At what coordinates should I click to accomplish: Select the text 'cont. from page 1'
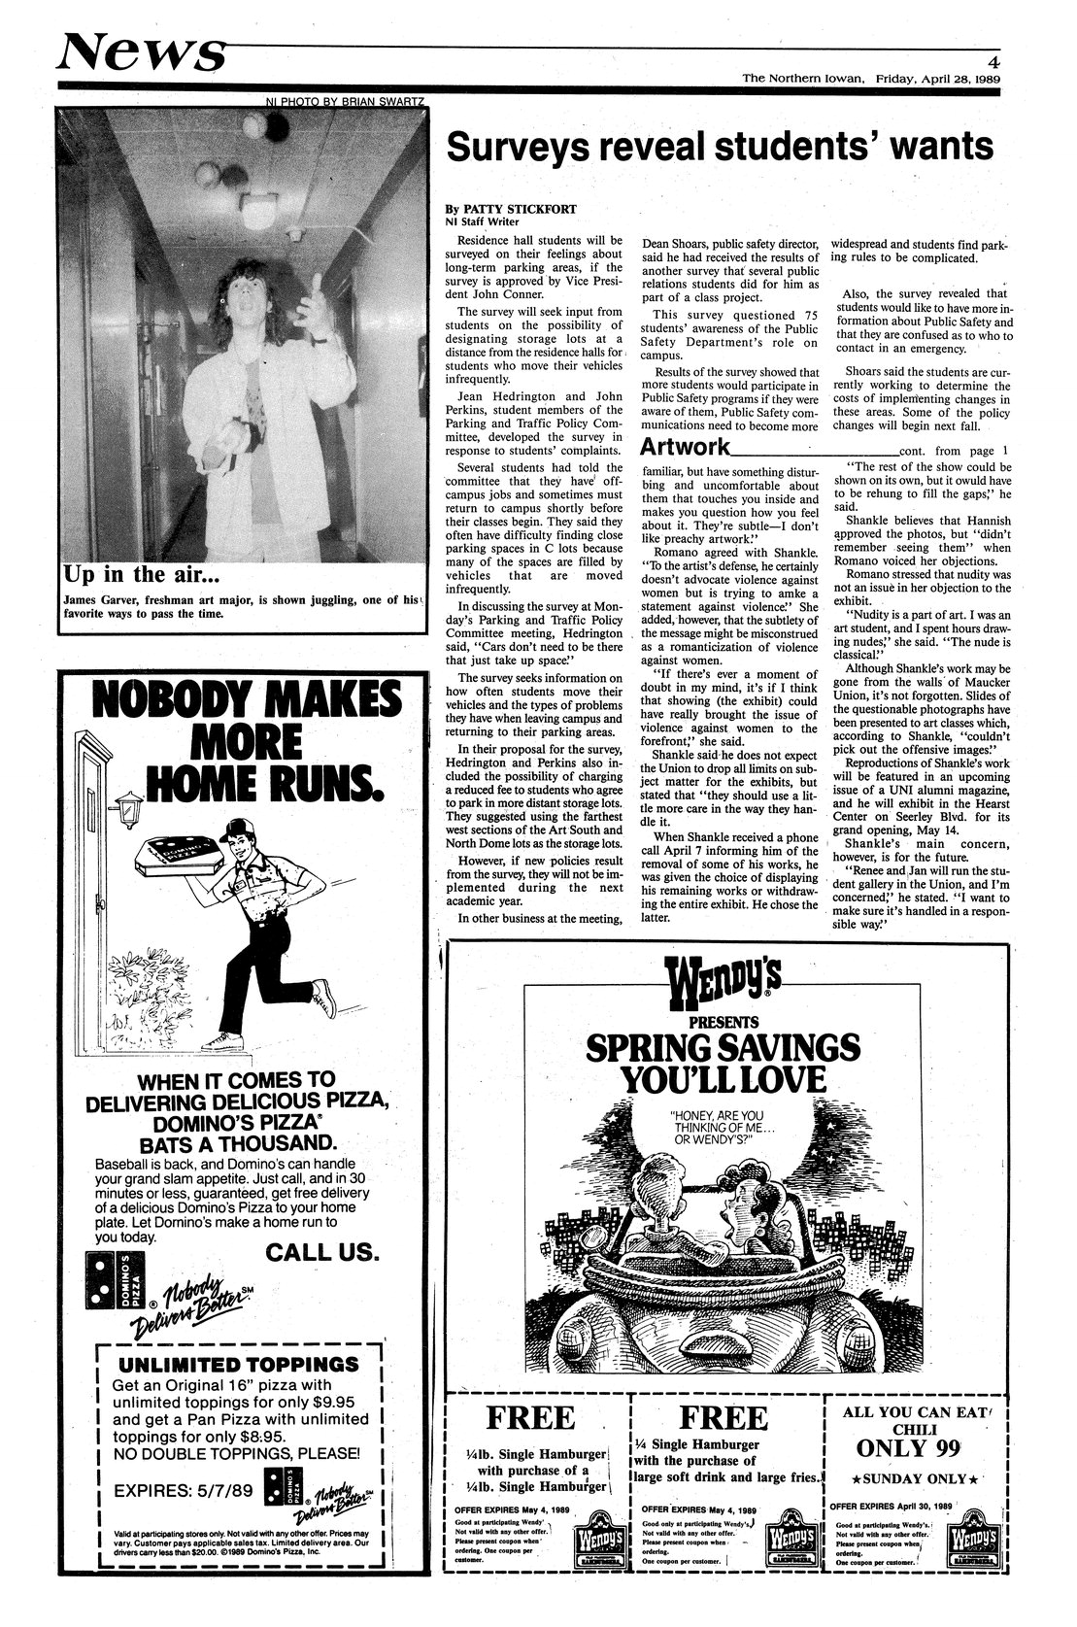click(956, 451)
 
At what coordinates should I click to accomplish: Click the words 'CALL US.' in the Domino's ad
click(320, 1252)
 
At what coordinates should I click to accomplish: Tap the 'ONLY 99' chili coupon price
click(908, 1448)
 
